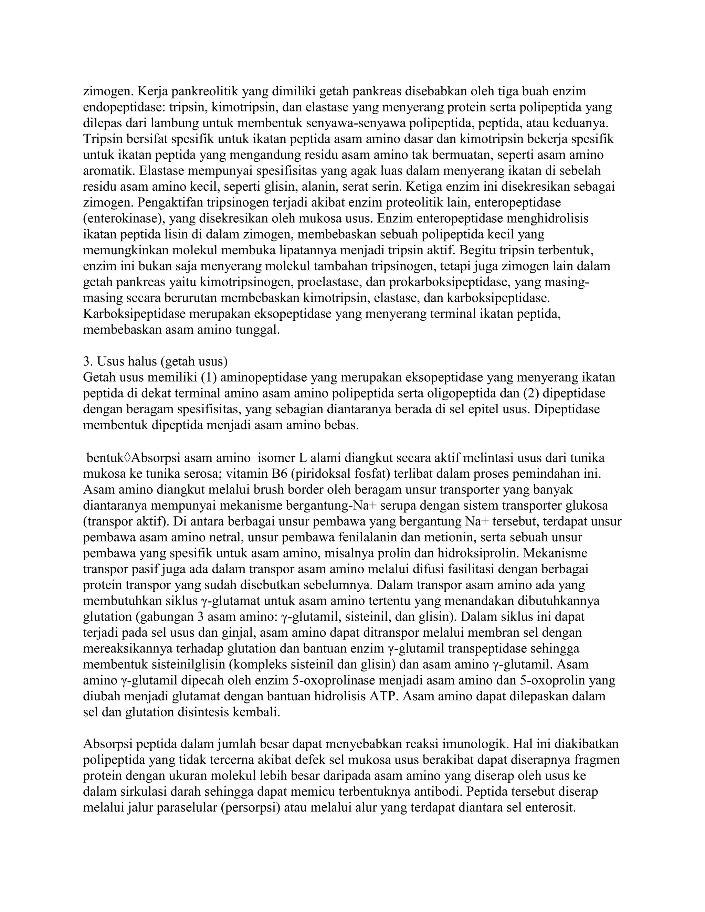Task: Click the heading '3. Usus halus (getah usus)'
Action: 155,361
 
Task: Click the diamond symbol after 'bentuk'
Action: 127,458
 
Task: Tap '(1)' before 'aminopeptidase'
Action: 209,377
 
